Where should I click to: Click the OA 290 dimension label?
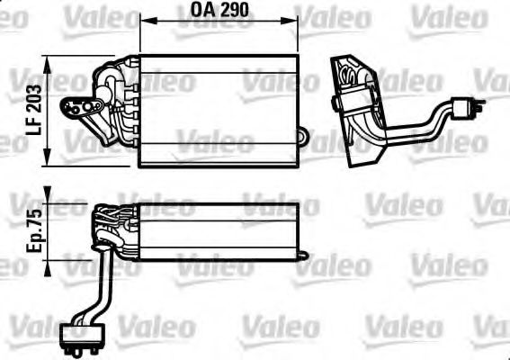coord(220,13)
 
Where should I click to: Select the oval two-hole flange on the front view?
coord(81,109)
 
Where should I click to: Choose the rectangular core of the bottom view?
coord(220,229)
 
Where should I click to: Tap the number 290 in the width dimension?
coord(234,13)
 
